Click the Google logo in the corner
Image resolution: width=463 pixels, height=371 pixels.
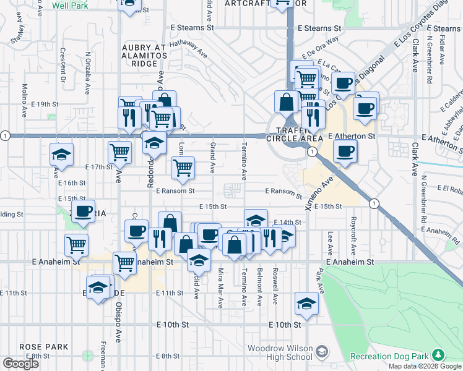(20, 364)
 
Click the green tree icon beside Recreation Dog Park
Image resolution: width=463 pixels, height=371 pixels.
(439, 354)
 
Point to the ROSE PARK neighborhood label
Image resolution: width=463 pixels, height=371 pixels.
(43, 347)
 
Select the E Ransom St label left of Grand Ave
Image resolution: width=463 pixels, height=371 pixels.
(176, 191)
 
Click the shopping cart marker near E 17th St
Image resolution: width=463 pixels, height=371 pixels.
(119, 151)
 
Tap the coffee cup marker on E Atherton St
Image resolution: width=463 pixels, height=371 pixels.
(344, 150)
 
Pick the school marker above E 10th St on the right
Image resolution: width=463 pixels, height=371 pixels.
(306, 303)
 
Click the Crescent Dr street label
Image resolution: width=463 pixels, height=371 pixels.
(63, 66)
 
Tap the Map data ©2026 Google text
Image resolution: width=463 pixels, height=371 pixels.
(424, 366)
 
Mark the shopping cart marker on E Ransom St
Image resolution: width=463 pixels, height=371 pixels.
(183, 168)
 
